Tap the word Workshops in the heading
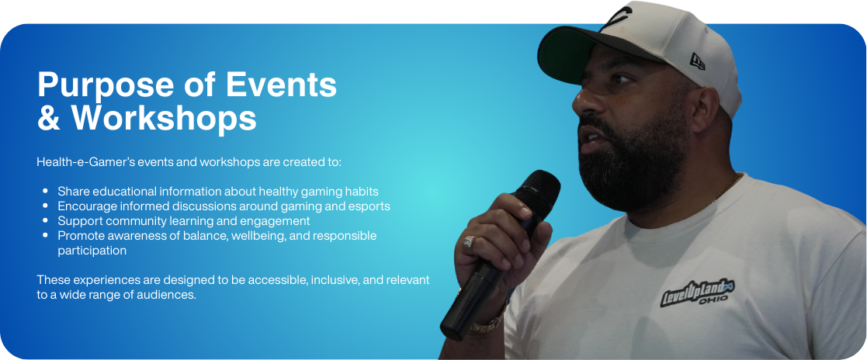(164, 118)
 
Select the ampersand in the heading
(49, 119)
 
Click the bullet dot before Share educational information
(45, 192)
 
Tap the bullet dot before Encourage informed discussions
(45, 206)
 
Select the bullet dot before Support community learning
(45, 221)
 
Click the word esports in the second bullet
(370, 207)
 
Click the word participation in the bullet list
(92, 251)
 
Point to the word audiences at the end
(170, 296)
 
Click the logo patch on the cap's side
(697, 61)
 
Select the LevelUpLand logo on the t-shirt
(697, 292)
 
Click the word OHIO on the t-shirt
(714, 299)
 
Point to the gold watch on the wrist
(487, 323)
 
